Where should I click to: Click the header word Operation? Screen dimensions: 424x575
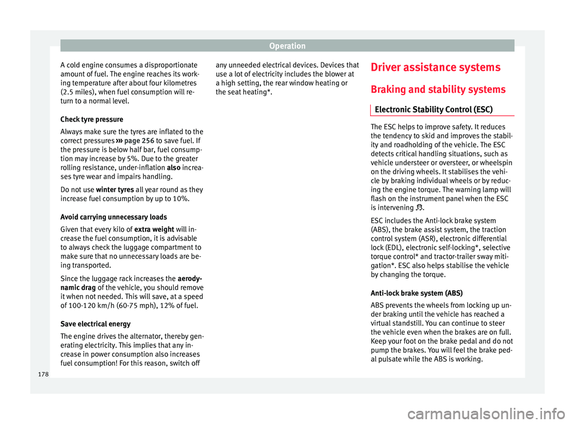(x=287, y=45)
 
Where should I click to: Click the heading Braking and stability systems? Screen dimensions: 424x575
(x=437, y=89)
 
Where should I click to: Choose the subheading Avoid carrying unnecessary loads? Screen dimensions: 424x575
(x=105, y=216)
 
